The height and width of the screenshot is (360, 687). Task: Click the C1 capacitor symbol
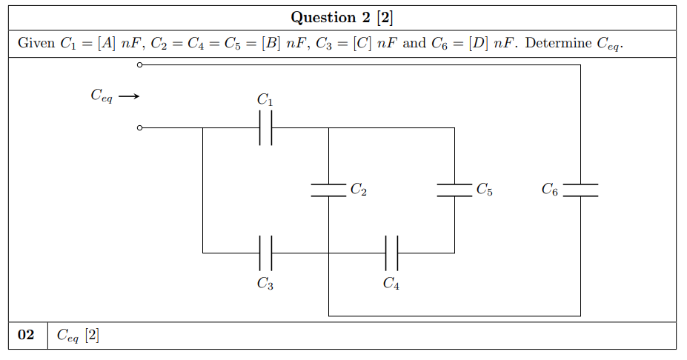(265, 128)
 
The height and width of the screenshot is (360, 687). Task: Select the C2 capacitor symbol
(328, 190)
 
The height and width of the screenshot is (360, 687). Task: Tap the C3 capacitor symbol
(265, 253)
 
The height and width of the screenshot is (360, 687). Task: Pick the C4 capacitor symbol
(392, 253)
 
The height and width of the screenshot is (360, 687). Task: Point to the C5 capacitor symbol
(454, 190)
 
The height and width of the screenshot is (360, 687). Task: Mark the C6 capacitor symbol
(580, 190)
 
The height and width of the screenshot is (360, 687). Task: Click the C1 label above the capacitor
(265, 99)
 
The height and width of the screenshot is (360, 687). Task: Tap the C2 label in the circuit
(358, 190)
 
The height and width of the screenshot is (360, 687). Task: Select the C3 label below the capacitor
(265, 283)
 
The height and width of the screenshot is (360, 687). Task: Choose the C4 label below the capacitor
(392, 283)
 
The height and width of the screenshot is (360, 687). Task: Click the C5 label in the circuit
(485, 190)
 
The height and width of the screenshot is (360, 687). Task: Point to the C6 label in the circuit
(550, 190)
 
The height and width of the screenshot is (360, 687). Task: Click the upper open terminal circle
(139, 65)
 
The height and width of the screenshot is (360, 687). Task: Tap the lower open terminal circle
(139, 128)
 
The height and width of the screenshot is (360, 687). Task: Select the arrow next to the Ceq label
(129, 96)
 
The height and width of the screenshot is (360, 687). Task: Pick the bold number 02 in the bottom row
(27, 336)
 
